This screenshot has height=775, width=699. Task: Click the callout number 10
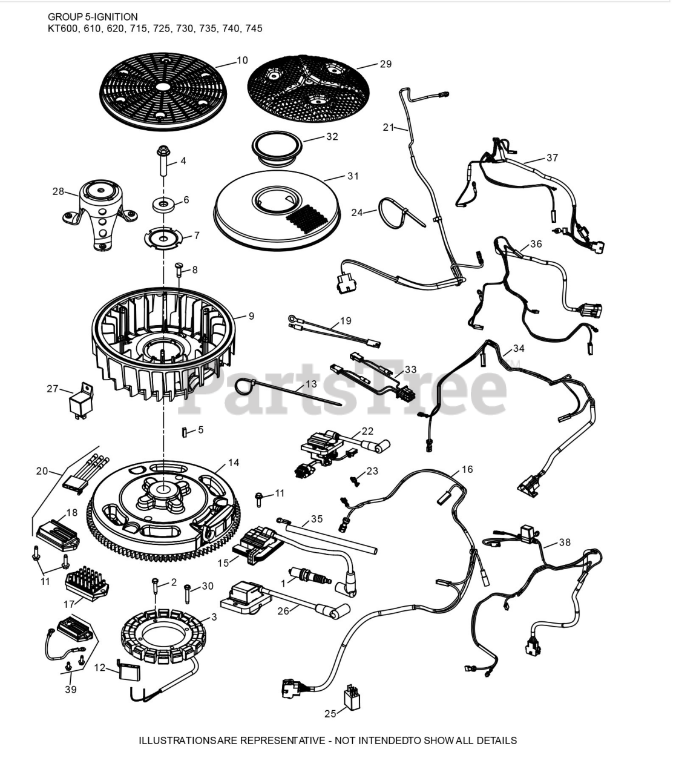pos(242,61)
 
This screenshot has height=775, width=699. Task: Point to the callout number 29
pos(386,64)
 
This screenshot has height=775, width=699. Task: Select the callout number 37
pos(551,158)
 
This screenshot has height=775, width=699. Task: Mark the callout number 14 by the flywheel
pos(234,463)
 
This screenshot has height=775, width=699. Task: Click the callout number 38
pos(564,542)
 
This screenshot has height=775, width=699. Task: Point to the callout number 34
pos(519,348)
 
